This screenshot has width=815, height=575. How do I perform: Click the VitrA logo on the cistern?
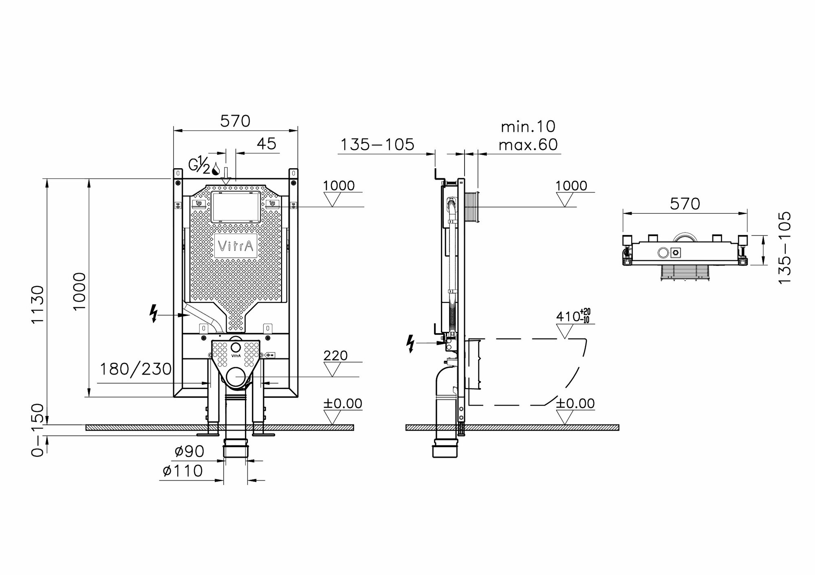coord(236,246)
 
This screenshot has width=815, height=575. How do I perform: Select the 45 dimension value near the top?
coord(267,143)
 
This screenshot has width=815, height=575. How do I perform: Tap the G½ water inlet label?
coord(200,166)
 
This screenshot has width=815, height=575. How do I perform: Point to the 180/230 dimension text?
coord(136,369)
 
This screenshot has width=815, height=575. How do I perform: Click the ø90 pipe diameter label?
coord(189,451)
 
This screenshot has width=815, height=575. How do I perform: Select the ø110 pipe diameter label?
coord(183,471)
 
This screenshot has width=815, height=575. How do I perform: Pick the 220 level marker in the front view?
coord(335,356)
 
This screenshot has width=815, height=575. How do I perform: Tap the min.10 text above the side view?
coord(528,127)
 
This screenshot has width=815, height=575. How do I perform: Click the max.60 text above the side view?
coord(528,145)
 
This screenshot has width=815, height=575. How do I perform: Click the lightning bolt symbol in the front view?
coord(154,314)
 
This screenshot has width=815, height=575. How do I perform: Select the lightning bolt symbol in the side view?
coord(411,343)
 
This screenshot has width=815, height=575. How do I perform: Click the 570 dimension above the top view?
coord(685,204)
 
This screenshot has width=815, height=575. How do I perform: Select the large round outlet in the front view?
coord(236,377)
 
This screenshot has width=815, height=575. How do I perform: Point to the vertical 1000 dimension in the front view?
coord(79,291)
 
